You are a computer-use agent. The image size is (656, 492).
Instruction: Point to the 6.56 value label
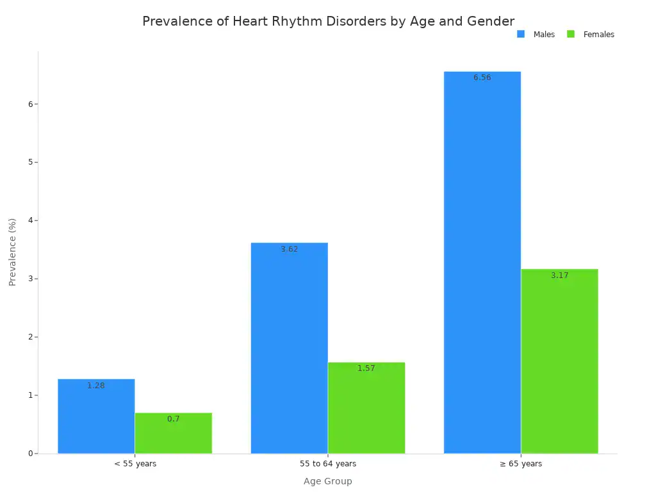[482, 78]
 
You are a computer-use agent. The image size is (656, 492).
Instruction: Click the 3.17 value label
[559, 275]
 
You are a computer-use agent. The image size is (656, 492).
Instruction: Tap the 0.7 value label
[173, 419]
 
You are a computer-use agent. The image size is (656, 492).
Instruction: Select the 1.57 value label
[366, 368]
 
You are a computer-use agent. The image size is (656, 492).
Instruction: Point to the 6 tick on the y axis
[30, 104]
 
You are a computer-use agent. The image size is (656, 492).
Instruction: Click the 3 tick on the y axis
[30, 279]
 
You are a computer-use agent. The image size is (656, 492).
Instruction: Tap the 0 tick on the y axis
[30, 454]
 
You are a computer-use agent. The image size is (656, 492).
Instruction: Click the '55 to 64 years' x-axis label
[328, 464]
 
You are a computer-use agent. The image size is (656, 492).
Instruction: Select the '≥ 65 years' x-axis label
[521, 464]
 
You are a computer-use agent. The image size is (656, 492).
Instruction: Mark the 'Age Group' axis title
[328, 481]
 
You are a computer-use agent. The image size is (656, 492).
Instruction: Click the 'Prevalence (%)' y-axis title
[13, 252]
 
